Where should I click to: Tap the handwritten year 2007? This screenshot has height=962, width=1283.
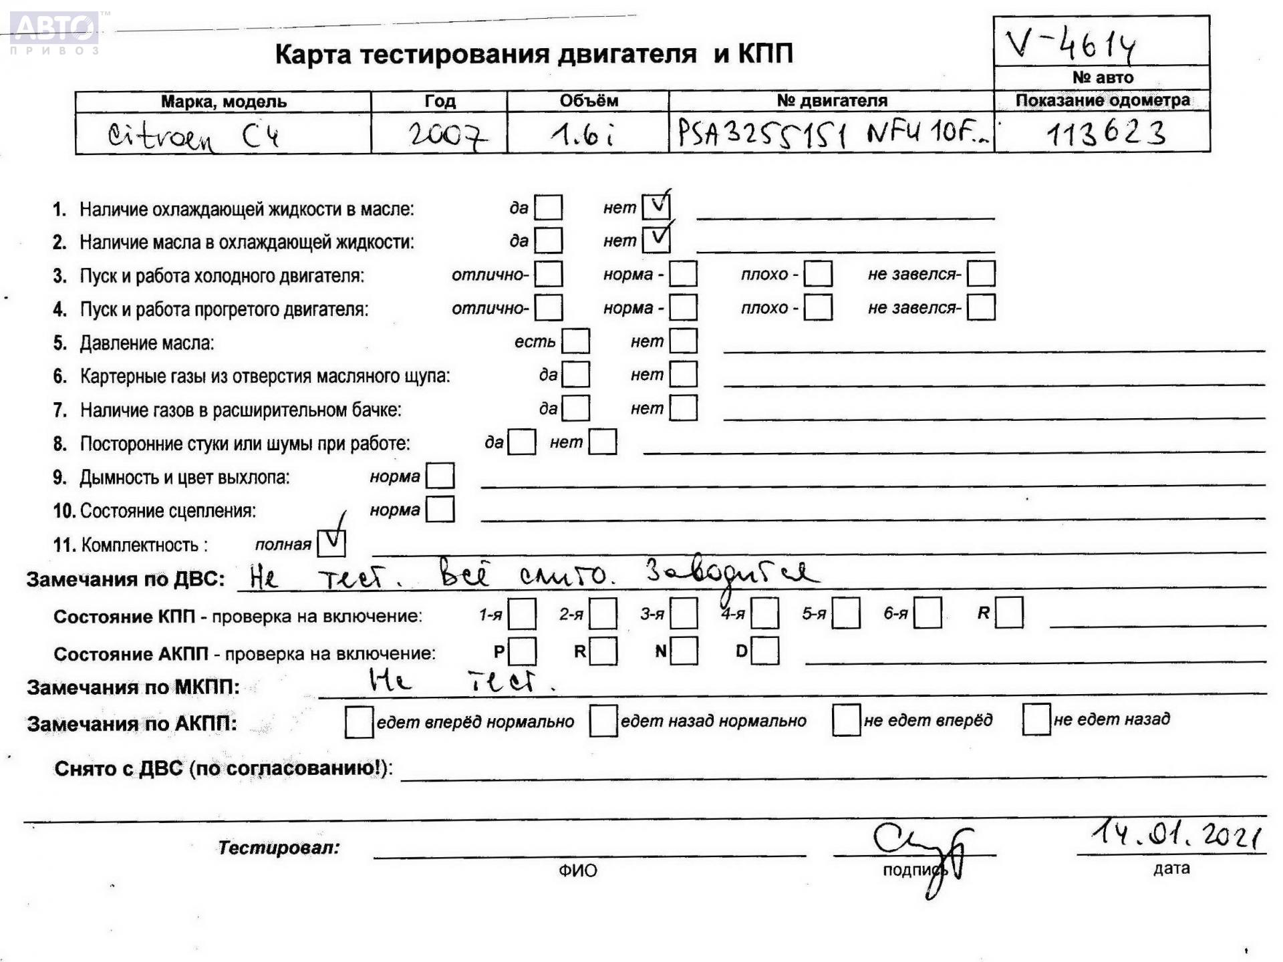tap(447, 136)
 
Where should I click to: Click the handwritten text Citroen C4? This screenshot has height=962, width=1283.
tap(193, 136)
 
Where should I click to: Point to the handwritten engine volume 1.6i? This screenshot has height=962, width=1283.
tap(583, 136)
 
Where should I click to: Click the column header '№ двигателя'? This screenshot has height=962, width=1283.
tap(831, 101)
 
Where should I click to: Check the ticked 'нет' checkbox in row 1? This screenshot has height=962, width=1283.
tap(656, 207)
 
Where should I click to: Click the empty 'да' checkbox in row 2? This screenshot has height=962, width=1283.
tap(549, 240)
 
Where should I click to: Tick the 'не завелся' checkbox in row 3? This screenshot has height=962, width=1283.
tap(981, 274)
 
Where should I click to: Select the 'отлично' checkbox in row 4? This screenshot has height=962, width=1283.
tap(549, 308)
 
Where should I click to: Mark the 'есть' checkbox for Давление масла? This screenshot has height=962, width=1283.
tap(576, 341)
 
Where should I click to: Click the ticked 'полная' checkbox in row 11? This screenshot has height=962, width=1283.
tap(331, 543)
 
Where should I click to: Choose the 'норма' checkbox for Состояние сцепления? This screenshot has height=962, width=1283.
tap(440, 510)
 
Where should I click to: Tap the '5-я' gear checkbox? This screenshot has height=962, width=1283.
tap(846, 614)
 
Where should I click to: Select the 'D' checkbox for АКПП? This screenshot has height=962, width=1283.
tap(765, 651)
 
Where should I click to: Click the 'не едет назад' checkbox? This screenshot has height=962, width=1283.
tap(1036, 719)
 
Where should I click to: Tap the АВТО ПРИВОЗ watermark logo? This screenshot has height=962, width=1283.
tap(55, 31)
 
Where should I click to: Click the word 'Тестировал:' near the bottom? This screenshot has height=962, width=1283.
tap(279, 848)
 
